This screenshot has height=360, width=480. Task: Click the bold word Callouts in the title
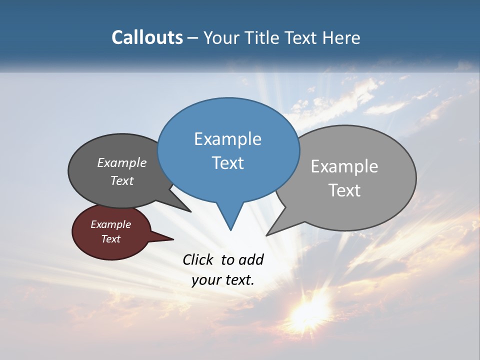coord(147,37)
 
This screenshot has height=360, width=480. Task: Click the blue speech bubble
coord(228,150)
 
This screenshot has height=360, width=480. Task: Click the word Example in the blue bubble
coord(228,139)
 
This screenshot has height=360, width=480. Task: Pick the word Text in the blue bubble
coord(228,163)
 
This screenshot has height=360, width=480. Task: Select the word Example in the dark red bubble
coord(111,224)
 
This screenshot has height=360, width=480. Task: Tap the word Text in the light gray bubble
coord(345,190)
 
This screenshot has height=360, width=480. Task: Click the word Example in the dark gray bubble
coord(122,163)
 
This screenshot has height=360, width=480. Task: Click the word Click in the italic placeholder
coord(198,259)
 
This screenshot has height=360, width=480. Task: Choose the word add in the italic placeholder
coord(251,259)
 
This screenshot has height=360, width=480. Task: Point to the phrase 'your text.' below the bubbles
coord(223,279)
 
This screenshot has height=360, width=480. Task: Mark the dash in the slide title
coord(193,38)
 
